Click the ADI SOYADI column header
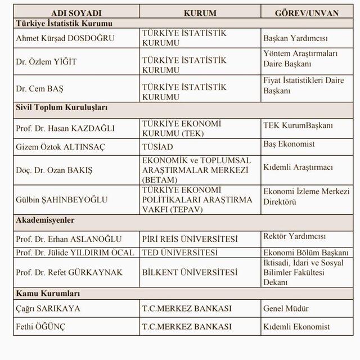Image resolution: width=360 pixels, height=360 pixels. pos(76,13)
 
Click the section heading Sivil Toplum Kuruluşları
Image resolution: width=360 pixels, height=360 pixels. pos(62,107)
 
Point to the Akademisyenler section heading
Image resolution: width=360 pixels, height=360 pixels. pos(46,220)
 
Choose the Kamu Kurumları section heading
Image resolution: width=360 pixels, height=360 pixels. pos(48,294)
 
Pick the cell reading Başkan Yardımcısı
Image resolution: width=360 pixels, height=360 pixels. pos(295,38)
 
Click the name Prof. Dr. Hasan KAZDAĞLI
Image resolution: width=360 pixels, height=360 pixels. pos(65,128)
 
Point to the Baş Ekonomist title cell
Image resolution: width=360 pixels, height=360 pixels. pos(290,145)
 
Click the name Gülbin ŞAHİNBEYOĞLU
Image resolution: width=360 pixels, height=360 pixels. pos(62,200)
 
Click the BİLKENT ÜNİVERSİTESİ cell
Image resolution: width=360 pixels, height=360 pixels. pos(190,273)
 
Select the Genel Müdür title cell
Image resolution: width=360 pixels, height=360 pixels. pos(286,309)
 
